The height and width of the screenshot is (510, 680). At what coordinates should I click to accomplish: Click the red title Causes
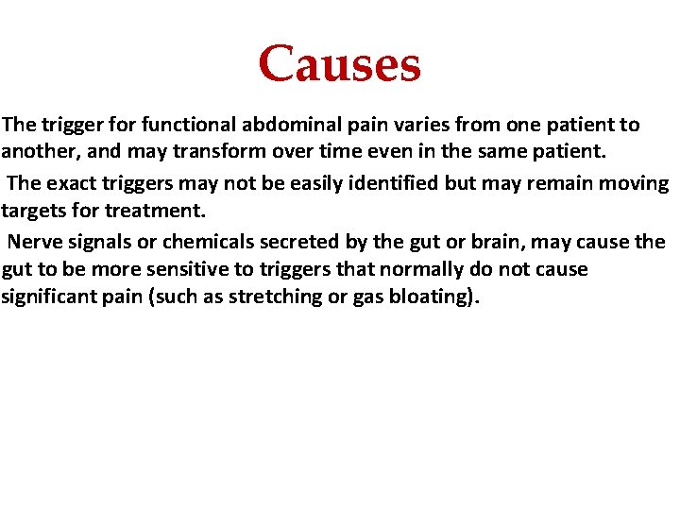tap(339, 64)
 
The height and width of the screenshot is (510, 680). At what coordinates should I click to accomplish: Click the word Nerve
tap(36, 242)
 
